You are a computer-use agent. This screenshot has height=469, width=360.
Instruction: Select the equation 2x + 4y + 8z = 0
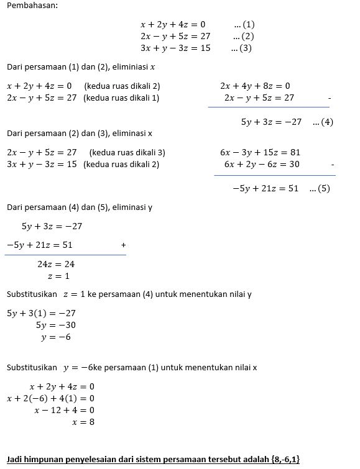point(255,86)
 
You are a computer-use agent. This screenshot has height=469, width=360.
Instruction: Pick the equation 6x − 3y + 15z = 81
point(261,152)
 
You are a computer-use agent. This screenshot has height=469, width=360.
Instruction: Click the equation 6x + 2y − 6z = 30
point(262,164)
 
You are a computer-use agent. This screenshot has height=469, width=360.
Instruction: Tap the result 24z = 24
point(56,264)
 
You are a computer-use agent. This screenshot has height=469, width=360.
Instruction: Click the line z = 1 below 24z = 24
point(58,276)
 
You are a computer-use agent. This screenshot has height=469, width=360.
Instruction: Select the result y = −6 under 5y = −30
point(56,337)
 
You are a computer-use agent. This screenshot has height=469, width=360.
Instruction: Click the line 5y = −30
point(56,325)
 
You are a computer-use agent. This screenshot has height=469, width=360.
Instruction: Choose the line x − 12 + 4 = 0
point(65,410)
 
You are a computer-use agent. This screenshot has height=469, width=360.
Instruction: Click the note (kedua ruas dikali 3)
point(127,152)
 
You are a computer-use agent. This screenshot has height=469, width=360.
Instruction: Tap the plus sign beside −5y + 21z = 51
point(123,245)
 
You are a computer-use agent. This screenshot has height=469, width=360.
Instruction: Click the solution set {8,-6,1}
point(285,459)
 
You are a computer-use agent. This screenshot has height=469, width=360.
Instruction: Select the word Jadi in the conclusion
point(15,459)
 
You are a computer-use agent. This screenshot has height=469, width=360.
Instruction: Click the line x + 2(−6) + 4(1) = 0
point(50,398)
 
